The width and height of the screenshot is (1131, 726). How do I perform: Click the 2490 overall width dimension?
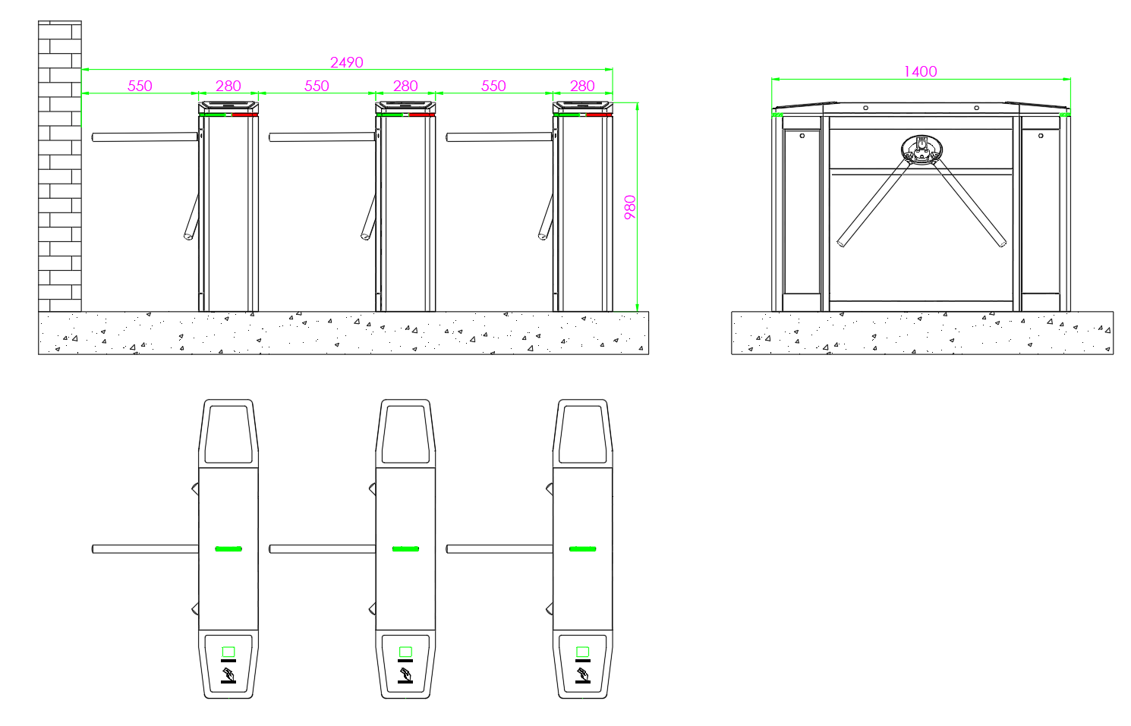coord(347,62)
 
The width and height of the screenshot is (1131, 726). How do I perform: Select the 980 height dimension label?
coord(630,207)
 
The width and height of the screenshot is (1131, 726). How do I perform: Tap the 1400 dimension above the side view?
coord(921,71)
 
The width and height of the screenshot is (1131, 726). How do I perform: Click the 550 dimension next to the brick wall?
coord(140,86)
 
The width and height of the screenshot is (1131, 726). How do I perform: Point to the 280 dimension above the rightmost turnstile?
coord(583,86)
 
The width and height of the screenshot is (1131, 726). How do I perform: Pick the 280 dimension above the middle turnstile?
coord(405,86)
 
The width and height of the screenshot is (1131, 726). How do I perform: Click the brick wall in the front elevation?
coord(59,166)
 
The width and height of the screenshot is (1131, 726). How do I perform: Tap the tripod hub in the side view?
coord(921,150)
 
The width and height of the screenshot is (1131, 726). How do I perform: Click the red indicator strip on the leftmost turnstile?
coord(245,115)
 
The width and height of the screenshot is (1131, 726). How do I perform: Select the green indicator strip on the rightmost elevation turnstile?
coord(566,115)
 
